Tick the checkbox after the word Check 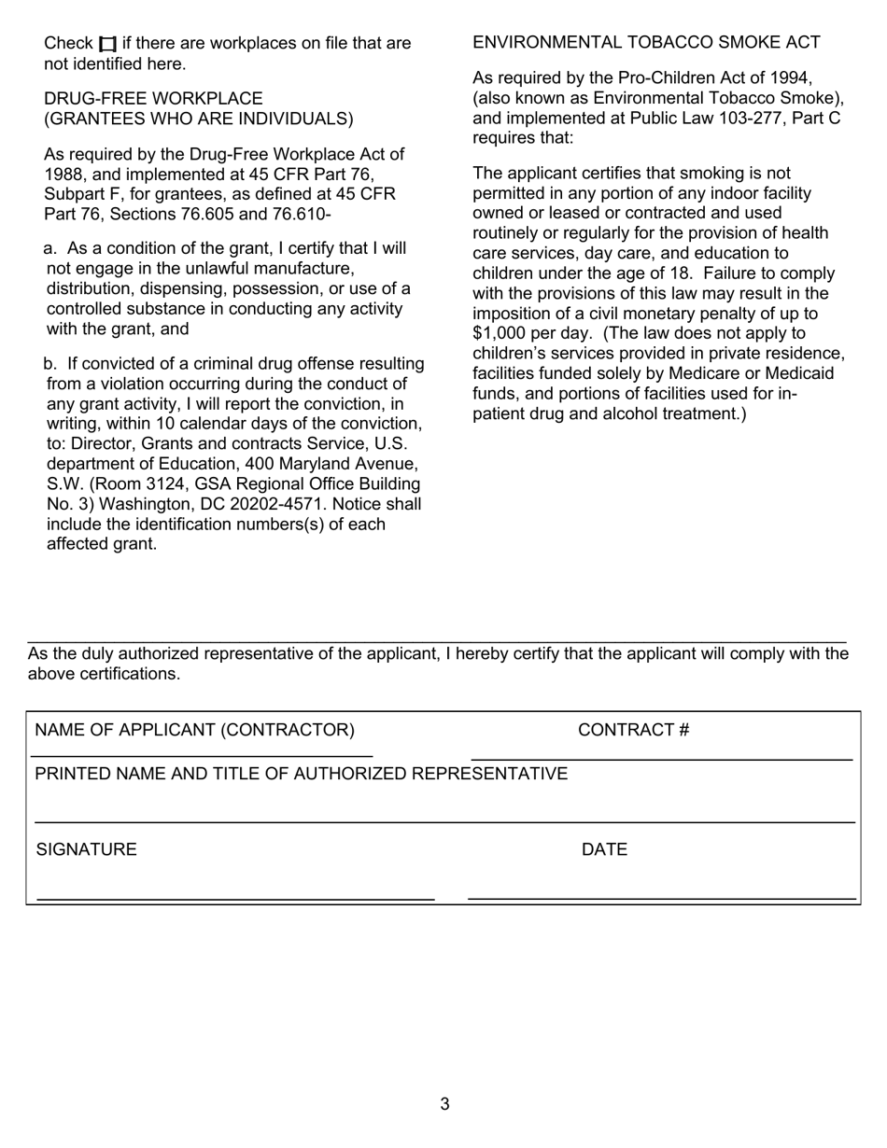(x=108, y=44)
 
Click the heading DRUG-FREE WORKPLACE (x=153, y=98)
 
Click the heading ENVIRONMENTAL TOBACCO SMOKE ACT (x=646, y=42)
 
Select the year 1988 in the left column (x=64, y=174)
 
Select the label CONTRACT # (x=633, y=730)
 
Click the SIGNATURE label (x=86, y=849)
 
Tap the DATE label (x=604, y=849)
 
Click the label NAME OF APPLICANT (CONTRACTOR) (x=194, y=730)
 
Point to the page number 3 (x=444, y=1104)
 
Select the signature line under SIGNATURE (x=235, y=899)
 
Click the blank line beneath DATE (x=661, y=898)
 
